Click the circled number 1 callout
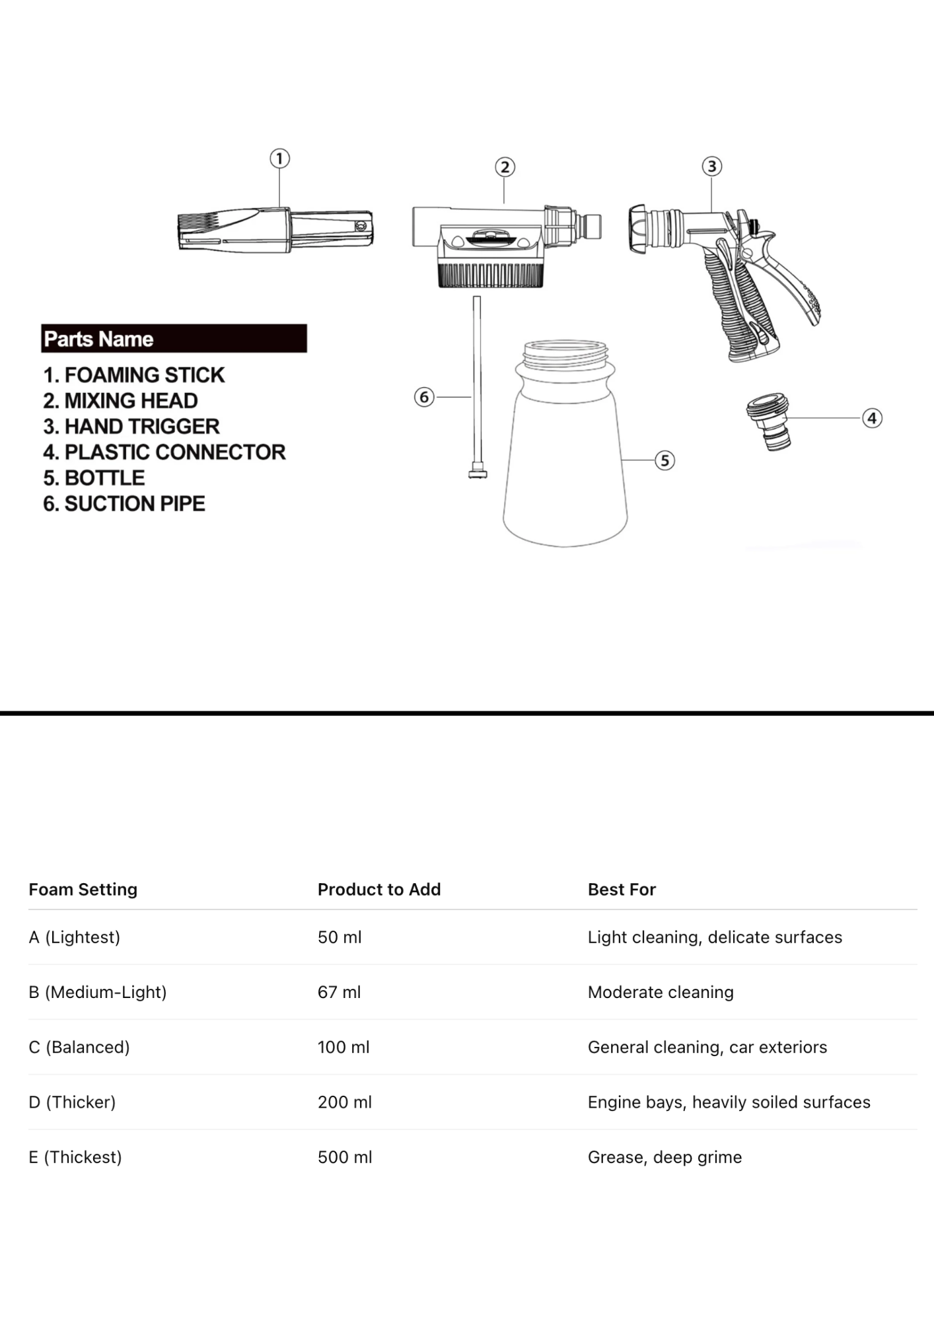279,159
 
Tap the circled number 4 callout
872,418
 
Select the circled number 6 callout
424,397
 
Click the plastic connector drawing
769,421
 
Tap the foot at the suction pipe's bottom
478,473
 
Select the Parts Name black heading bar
174,338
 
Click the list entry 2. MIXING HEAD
121,401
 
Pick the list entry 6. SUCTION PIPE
124,504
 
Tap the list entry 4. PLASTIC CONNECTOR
164,452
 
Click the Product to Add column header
379,890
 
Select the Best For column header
622,890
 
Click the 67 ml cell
339,992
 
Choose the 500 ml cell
345,1157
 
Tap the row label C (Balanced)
79,1047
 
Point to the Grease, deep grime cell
665,1157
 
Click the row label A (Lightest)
75,937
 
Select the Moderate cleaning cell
661,992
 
